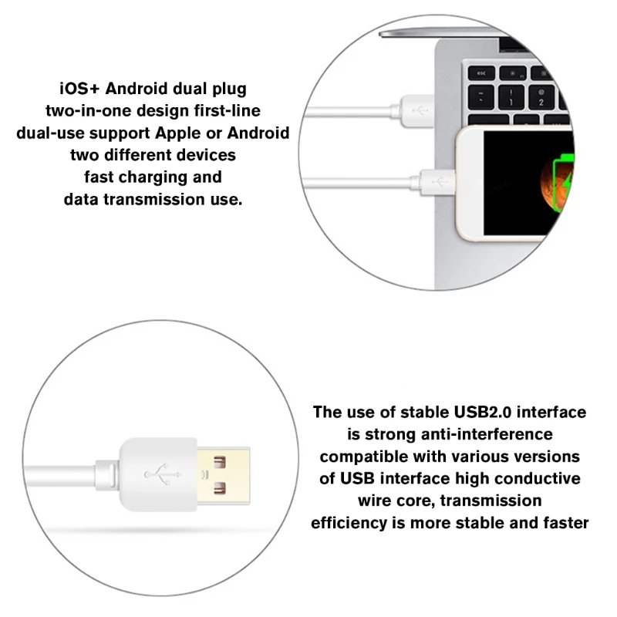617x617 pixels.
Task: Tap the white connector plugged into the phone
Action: [x=437, y=183]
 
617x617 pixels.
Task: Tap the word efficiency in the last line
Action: [x=349, y=523]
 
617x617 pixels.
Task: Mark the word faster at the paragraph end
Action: [x=565, y=523]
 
